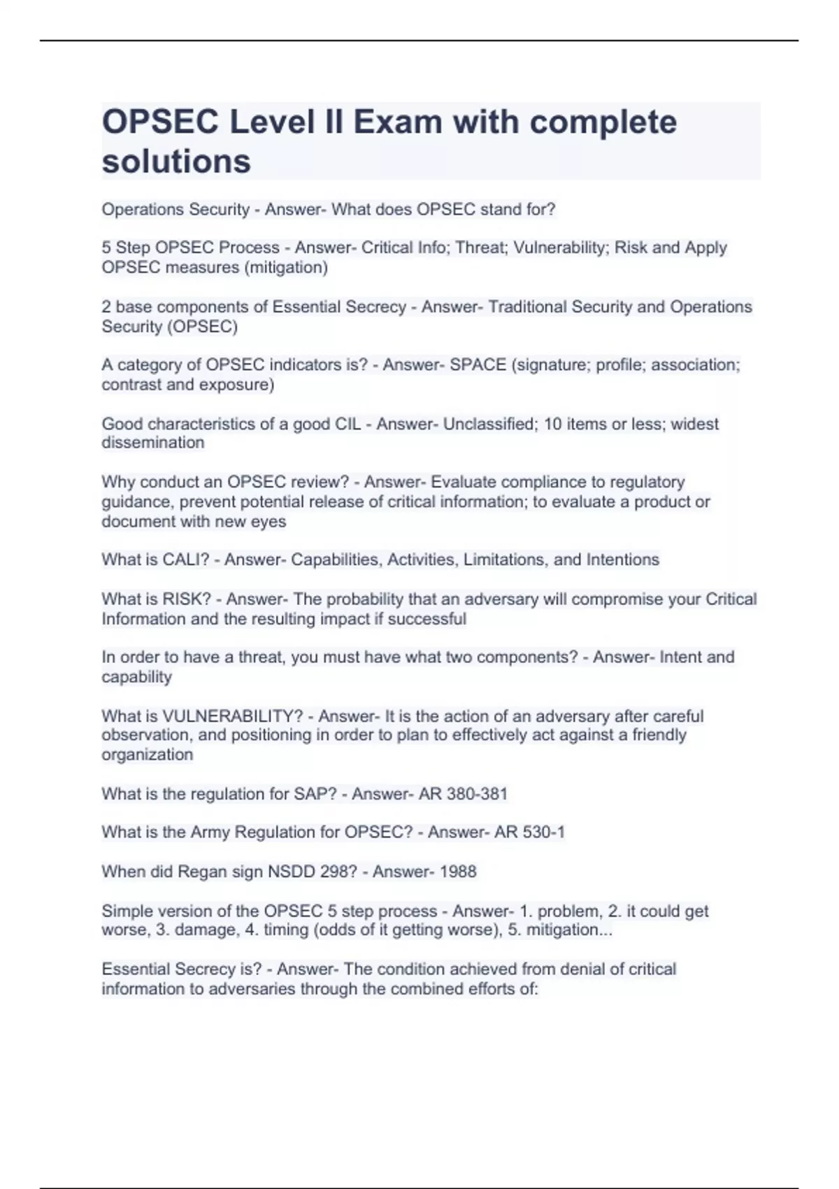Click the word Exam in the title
pyautogui.click(x=397, y=122)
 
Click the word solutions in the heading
pyautogui.click(x=176, y=162)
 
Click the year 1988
pyautogui.click(x=458, y=871)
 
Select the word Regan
pyautogui.click(x=203, y=871)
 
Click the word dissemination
pyautogui.click(x=153, y=443)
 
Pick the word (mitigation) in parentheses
pyautogui.click(x=286, y=268)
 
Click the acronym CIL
pyautogui.click(x=347, y=424)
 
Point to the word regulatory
pyautogui.click(x=647, y=482)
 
